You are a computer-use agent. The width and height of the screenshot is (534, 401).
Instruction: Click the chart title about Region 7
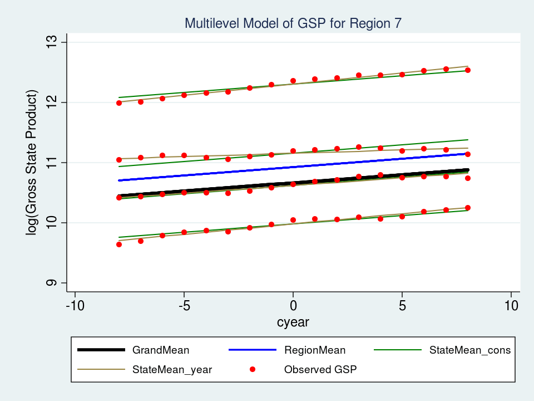point(293,23)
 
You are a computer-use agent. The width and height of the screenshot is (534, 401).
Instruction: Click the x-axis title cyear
point(293,322)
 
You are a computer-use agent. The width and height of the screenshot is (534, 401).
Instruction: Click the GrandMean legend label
point(161,350)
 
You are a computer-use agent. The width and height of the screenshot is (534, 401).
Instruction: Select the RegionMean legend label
point(315,350)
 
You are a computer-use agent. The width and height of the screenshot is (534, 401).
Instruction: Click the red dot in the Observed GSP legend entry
point(253,369)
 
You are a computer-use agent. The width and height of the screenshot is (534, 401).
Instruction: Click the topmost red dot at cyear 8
point(468,70)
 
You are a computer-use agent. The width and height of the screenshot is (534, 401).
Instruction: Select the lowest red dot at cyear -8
point(119,244)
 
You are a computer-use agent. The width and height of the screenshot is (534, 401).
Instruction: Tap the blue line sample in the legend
point(253,350)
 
